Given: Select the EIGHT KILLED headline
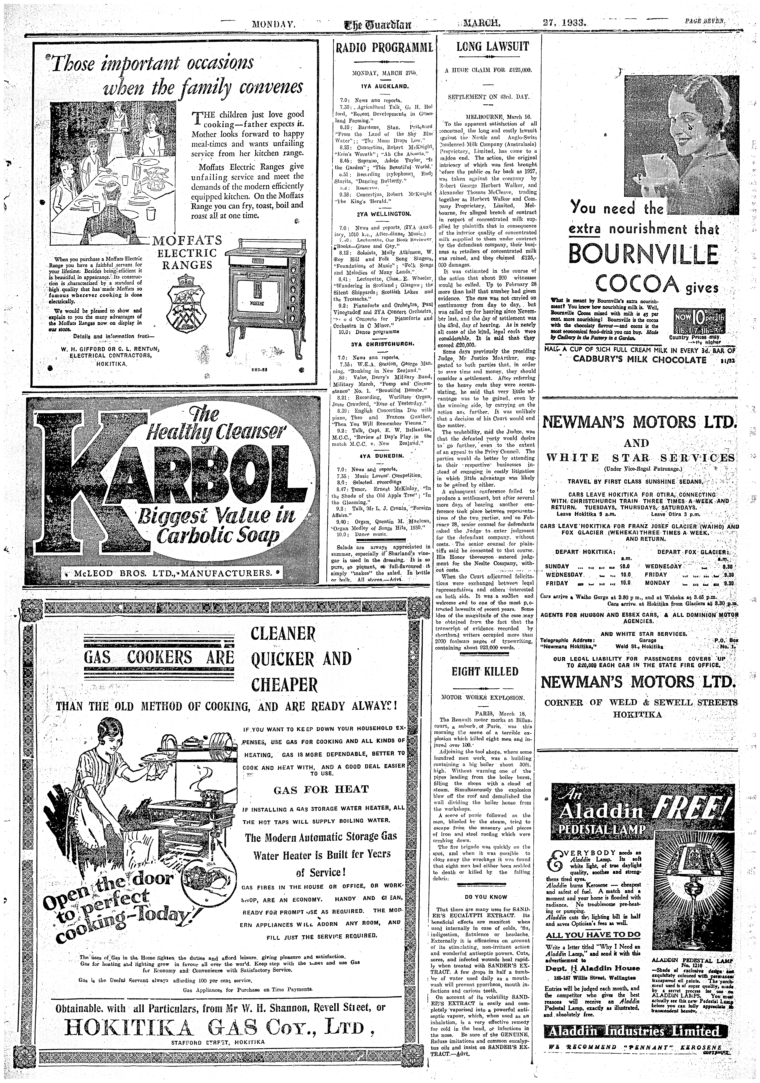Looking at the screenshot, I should (x=485, y=671).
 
